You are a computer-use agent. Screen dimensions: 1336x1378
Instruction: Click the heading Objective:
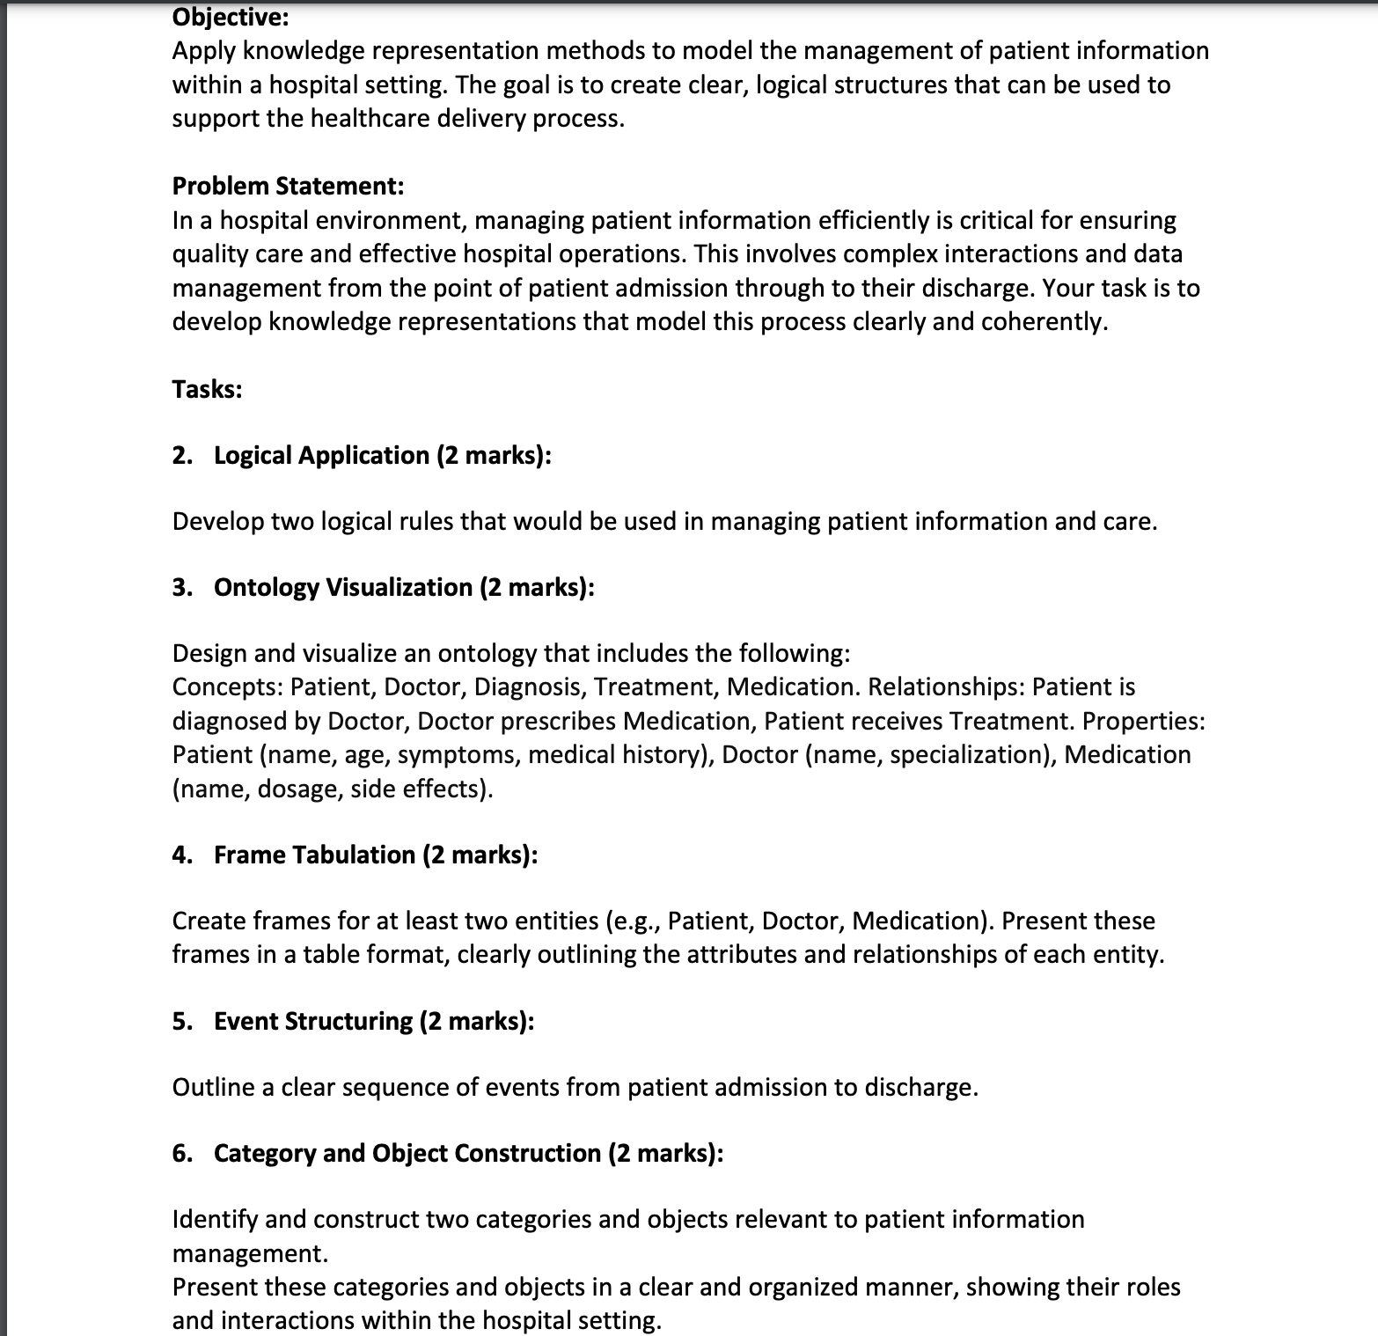(230, 17)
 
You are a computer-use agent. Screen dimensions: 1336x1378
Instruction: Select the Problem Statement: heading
(288, 186)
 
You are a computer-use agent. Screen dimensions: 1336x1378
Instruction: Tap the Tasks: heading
(207, 389)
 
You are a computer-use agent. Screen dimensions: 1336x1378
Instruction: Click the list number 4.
(181, 855)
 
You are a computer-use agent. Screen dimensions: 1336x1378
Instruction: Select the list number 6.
(181, 1153)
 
